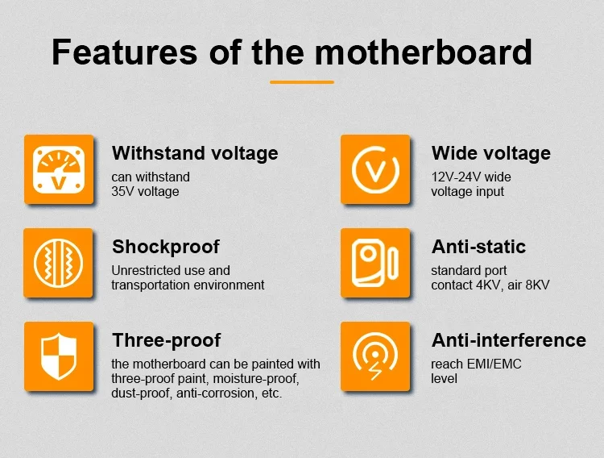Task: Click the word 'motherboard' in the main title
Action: tap(423, 52)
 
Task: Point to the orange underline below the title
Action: tap(301, 82)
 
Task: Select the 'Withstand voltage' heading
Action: tap(195, 153)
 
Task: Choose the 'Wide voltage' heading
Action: tap(491, 153)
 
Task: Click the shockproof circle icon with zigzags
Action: tap(53, 263)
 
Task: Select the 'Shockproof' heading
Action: tap(165, 247)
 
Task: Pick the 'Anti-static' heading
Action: tap(478, 247)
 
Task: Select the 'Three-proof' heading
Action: tap(166, 340)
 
